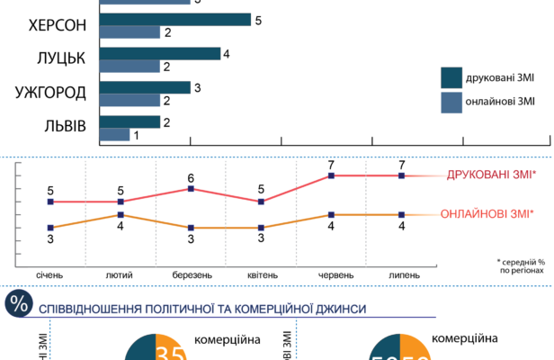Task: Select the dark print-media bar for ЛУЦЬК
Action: click(159, 53)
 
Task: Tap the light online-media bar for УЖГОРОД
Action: click(129, 100)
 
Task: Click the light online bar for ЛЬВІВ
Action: click(113, 135)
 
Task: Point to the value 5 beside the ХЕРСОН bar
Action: click(258, 19)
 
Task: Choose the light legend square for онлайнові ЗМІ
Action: click(451, 102)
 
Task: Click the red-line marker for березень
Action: click(191, 188)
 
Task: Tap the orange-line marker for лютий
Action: click(121, 214)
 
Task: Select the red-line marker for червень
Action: click(331, 175)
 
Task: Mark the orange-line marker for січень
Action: click(51, 228)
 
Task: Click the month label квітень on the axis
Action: click(261, 274)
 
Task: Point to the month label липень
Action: click(401, 274)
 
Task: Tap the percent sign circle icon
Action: click(18, 304)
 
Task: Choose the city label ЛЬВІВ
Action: click(63, 127)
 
